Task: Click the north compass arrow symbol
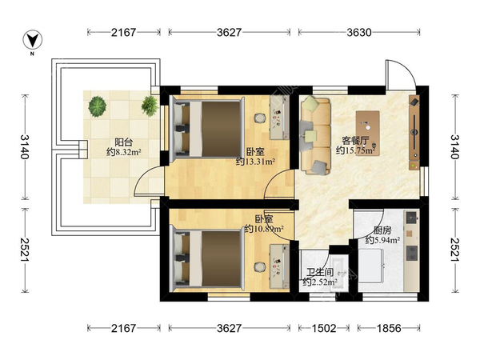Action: [33, 40]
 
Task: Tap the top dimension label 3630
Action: [358, 32]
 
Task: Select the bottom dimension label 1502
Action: [324, 329]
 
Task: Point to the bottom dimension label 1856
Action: [389, 329]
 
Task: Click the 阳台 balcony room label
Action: [124, 142]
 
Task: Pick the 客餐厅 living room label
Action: [355, 141]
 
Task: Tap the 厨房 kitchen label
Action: [382, 230]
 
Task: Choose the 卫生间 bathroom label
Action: [320, 272]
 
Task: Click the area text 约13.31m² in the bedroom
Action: [255, 161]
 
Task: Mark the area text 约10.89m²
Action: [264, 228]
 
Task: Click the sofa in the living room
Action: [315, 134]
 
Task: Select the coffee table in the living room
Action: [368, 133]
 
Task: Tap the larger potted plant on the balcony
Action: [98, 106]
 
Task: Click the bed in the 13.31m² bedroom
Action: [208, 127]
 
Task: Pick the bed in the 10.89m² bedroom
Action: [208, 258]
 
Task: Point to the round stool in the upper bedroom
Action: [259, 118]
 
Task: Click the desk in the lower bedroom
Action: [279, 266]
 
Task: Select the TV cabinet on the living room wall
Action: [414, 132]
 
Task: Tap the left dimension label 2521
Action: [25, 250]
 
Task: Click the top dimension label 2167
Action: [123, 32]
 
